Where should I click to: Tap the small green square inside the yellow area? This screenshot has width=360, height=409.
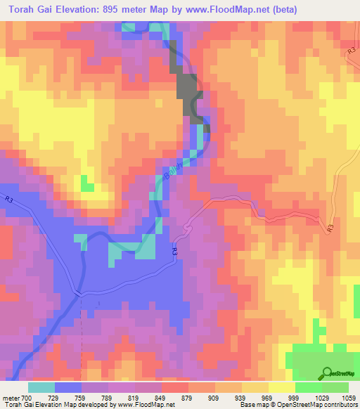coord(87,185)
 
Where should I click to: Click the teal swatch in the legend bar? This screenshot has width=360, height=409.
coord(41,387)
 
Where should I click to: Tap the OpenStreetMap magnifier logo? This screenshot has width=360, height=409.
coord(327,373)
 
